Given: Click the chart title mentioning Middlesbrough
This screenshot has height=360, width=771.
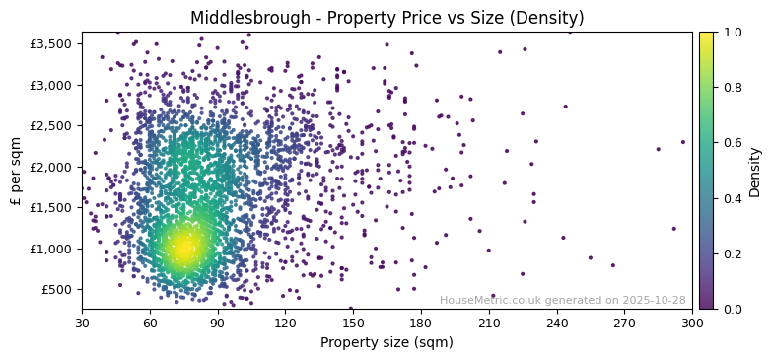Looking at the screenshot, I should tap(386, 18).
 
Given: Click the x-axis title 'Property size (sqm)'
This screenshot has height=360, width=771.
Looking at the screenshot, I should tap(386, 343).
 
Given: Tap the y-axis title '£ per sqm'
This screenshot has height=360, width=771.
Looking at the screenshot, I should tap(16, 170).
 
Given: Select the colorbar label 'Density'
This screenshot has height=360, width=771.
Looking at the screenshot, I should tap(754, 170).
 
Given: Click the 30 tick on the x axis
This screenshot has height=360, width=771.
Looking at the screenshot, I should tap(82, 323).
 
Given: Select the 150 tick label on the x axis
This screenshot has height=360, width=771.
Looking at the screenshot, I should tap(353, 323).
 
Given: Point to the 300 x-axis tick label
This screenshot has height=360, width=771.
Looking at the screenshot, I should tap(692, 323).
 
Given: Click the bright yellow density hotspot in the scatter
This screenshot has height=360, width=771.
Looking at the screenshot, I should tap(183, 249).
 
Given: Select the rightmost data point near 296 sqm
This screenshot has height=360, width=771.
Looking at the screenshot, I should tap(682, 141).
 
